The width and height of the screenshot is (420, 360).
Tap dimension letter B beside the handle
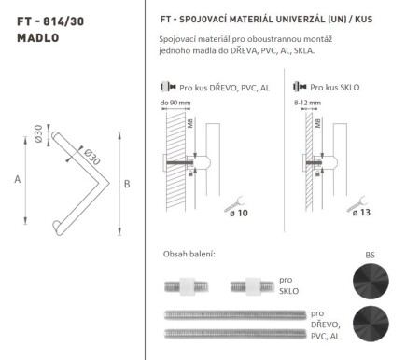click(x=127, y=184)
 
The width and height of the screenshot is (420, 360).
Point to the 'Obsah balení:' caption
click(x=189, y=254)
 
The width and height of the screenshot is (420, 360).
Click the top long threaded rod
click(x=233, y=317)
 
